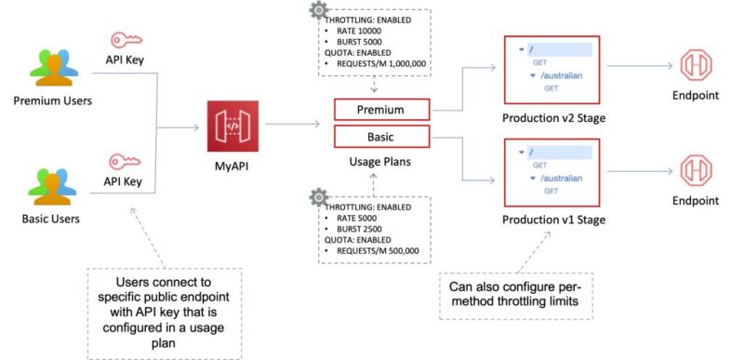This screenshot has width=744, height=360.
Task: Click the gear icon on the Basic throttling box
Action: [319, 196]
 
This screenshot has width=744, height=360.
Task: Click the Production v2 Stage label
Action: [552, 117]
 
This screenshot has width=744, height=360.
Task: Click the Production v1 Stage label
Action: [552, 220]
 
